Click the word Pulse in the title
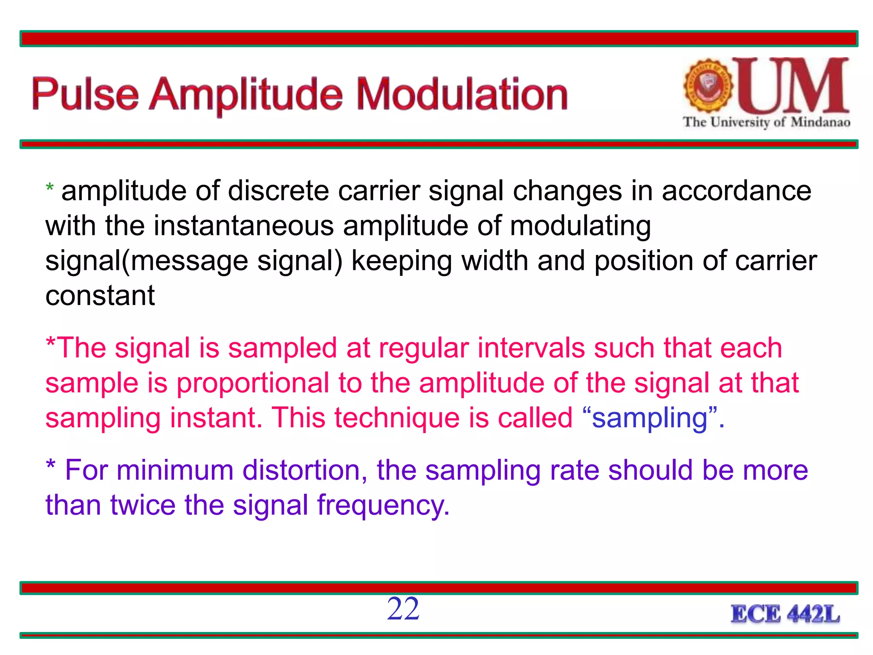pos(85,95)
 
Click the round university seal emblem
pos(708,86)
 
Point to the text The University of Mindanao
pos(766,122)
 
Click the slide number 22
pos(403,609)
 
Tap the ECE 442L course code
pos(785,614)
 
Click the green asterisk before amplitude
pos(50,188)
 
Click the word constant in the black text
pos(100,296)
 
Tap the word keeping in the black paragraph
pos(402,261)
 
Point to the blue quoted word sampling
pos(650,418)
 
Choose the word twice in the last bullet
pos(143,505)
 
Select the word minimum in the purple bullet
pos(175,471)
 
